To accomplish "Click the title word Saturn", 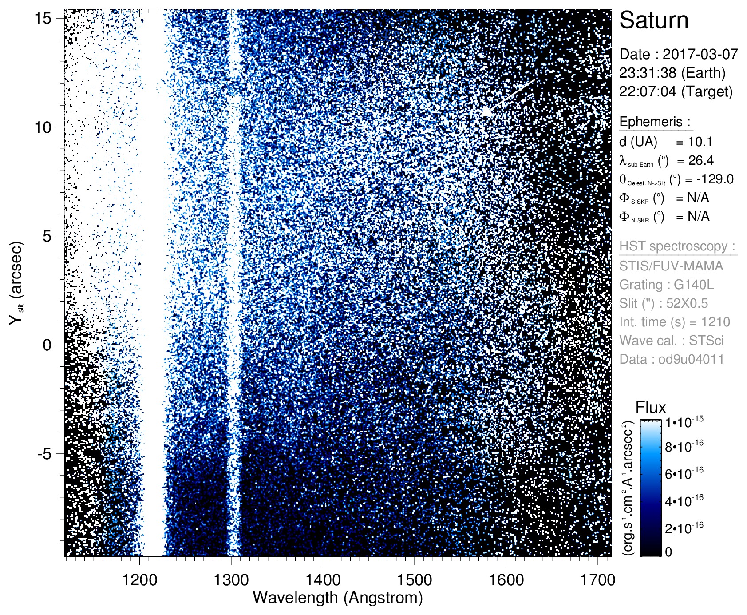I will pos(653,20).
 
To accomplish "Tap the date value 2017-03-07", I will pos(700,54).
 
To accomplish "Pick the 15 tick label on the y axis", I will pos(43,18).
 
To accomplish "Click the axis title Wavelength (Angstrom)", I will pos(337,598).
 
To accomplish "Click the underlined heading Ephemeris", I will pos(655,122).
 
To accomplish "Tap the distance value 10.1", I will pos(700,142).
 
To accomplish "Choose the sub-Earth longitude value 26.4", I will pos(701,160).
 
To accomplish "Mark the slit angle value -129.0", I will pos(715,179).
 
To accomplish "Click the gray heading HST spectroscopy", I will pos(677,246).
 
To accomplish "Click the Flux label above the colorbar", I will pos(651,408).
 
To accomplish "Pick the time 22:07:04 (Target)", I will pos(676,91).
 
